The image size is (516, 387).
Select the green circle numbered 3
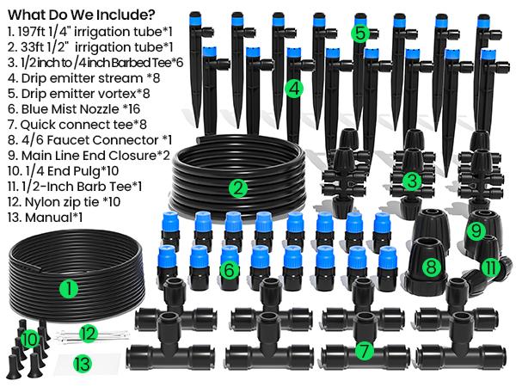pos(412,180)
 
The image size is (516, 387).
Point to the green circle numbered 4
pos(294,88)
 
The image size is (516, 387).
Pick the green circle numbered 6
pos(228,269)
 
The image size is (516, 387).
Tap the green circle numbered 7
pos(364,350)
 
